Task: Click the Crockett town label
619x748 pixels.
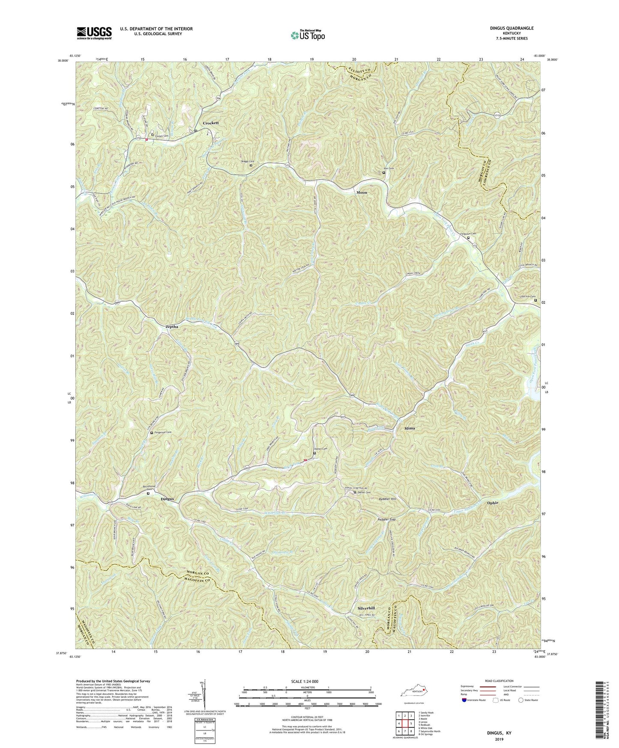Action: coord(210,123)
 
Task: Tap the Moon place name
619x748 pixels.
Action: coord(362,193)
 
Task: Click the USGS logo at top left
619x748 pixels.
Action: coord(94,33)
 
